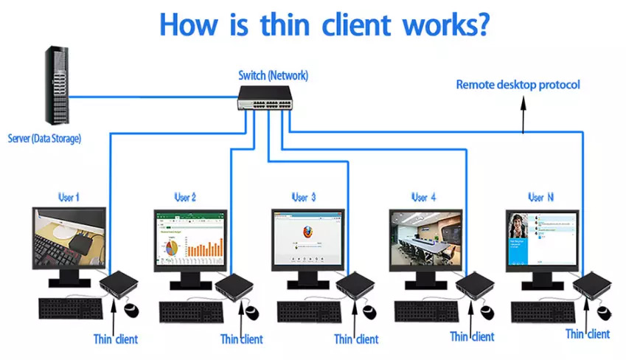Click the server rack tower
pyautogui.click(x=60, y=87)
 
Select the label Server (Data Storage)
pyautogui.click(x=44, y=138)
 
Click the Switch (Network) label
pyautogui.click(x=273, y=75)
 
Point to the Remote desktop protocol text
pyautogui.click(x=518, y=85)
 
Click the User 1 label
pyautogui.click(x=69, y=198)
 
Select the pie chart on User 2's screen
pyautogui.click(x=171, y=247)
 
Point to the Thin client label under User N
pyautogui.click(x=587, y=334)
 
